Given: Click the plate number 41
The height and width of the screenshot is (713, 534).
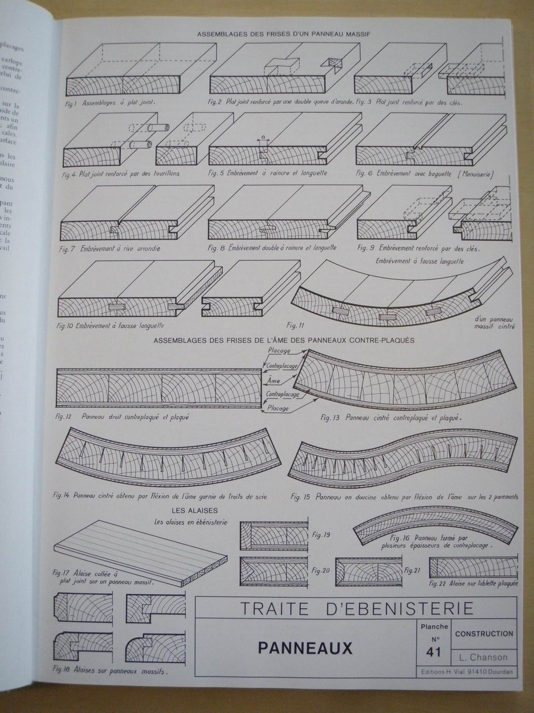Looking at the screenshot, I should (x=433, y=651).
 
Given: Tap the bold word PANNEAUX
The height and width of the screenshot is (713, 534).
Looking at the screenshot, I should (x=305, y=648).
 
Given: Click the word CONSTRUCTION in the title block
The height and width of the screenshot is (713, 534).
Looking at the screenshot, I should (x=484, y=634).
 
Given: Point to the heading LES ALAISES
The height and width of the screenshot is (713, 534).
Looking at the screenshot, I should (x=194, y=510).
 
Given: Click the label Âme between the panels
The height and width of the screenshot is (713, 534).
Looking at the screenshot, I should (x=274, y=379).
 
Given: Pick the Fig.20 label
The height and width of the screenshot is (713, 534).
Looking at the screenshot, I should (x=321, y=570).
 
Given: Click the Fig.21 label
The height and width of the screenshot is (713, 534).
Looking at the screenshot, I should (x=412, y=570).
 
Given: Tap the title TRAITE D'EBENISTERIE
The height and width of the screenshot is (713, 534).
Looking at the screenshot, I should (x=356, y=608).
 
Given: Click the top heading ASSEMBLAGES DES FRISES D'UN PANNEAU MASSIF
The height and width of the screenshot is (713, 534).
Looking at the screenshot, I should (x=283, y=34).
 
